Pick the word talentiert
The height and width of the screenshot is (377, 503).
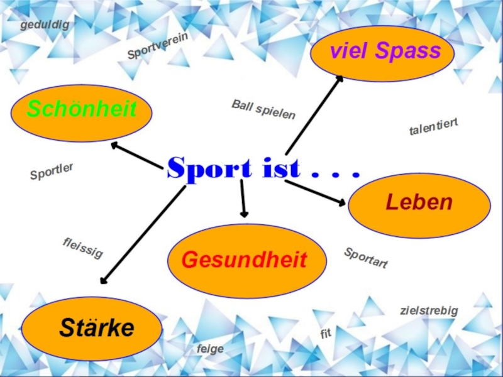tap(434, 127)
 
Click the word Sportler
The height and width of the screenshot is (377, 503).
tap(52, 172)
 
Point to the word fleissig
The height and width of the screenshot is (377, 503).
tap(82, 248)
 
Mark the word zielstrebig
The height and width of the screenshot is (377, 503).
tap(429, 310)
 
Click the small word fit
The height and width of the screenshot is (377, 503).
tap(325, 334)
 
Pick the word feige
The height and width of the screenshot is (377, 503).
tap(210, 349)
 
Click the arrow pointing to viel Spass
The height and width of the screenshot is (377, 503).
tap(313, 116)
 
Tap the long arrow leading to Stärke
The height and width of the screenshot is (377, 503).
tap(143, 234)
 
